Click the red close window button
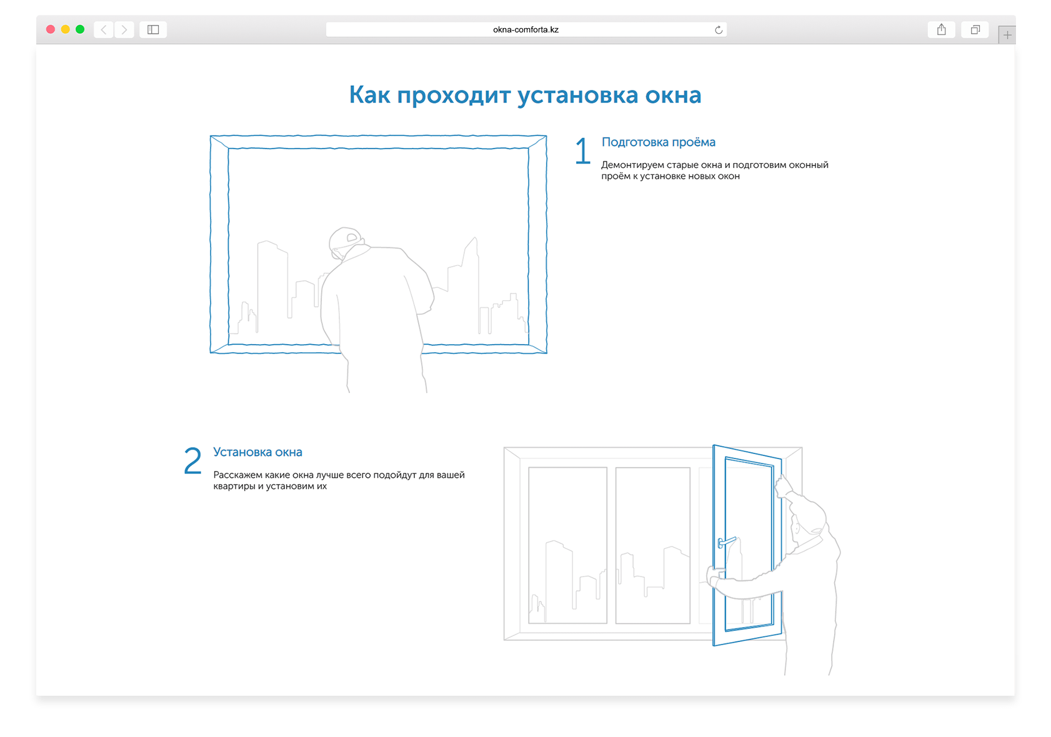51,29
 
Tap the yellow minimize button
65,29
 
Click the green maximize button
80,29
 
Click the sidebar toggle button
153,29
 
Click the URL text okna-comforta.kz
525,29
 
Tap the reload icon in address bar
719,30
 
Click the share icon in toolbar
941,29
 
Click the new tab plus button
1007,36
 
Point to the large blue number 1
582,151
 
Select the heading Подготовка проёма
658,142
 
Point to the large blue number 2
192,461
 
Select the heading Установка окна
257,452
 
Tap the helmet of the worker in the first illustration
344,238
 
